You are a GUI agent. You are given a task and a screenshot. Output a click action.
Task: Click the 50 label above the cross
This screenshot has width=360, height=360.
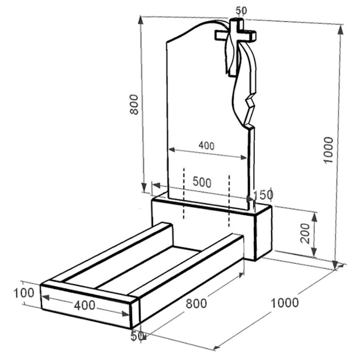pyautogui.click(x=241, y=10)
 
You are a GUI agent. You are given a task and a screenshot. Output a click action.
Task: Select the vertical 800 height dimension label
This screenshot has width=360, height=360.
pyautogui.click(x=134, y=105)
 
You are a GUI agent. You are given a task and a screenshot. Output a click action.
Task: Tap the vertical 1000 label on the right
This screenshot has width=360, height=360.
pyautogui.click(x=328, y=150)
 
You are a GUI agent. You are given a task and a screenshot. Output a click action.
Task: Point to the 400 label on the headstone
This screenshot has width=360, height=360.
pyautogui.click(x=206, y=146)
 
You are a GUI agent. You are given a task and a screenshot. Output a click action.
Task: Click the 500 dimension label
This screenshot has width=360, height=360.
pyautogui.click(x=202, y=182)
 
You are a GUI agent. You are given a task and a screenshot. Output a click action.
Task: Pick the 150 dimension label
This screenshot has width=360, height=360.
pyautogui.click(x=263, y=195)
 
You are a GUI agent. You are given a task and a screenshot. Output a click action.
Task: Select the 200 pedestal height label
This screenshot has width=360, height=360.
pyautogui.click(x=305, y=233)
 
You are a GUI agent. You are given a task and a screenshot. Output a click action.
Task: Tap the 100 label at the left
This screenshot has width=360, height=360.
pyautogui.click(x=24, y=293)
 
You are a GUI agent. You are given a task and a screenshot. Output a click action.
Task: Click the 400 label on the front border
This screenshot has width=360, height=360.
pyautogui.click(x=85, y=305)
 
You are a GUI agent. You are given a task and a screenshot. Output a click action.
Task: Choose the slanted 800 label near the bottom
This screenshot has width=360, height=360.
pyautogui.click(x=196, y=303)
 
